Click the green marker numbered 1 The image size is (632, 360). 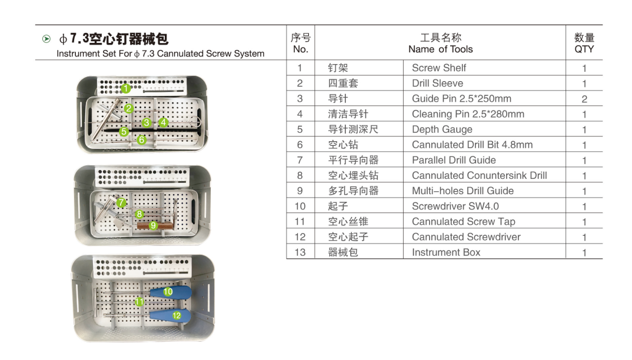[x=126, y=88]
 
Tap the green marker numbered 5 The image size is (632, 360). [x=124, y=131]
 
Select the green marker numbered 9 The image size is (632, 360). [x=153, y=225]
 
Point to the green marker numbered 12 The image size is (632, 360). [x=177, y=315]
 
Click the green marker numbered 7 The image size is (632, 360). [x=121, y=202]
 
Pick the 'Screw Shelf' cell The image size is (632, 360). [x=439, y=68]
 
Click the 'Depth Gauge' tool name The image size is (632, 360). [x=442, y=129]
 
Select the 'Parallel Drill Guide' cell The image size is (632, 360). [x=454, y=160]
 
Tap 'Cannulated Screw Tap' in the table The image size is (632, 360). [x=464, y=221]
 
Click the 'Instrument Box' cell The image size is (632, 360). [x=446, y=252]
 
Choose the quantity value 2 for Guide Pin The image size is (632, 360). [x=584, y=99]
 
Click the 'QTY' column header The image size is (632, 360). [x=584, y=49]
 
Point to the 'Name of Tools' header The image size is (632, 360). [x=441, y=49]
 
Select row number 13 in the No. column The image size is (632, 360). [x=300, y=252]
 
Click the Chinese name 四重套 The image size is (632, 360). [x=342, y=84]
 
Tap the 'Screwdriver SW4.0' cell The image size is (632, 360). [x=455, y=206]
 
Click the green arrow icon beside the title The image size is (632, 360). [x=46, y=39]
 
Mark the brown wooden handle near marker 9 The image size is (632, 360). [x=152, y=226]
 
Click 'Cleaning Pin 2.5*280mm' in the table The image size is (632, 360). [x=468, y=114]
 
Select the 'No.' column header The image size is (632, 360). [x=300, y=49]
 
